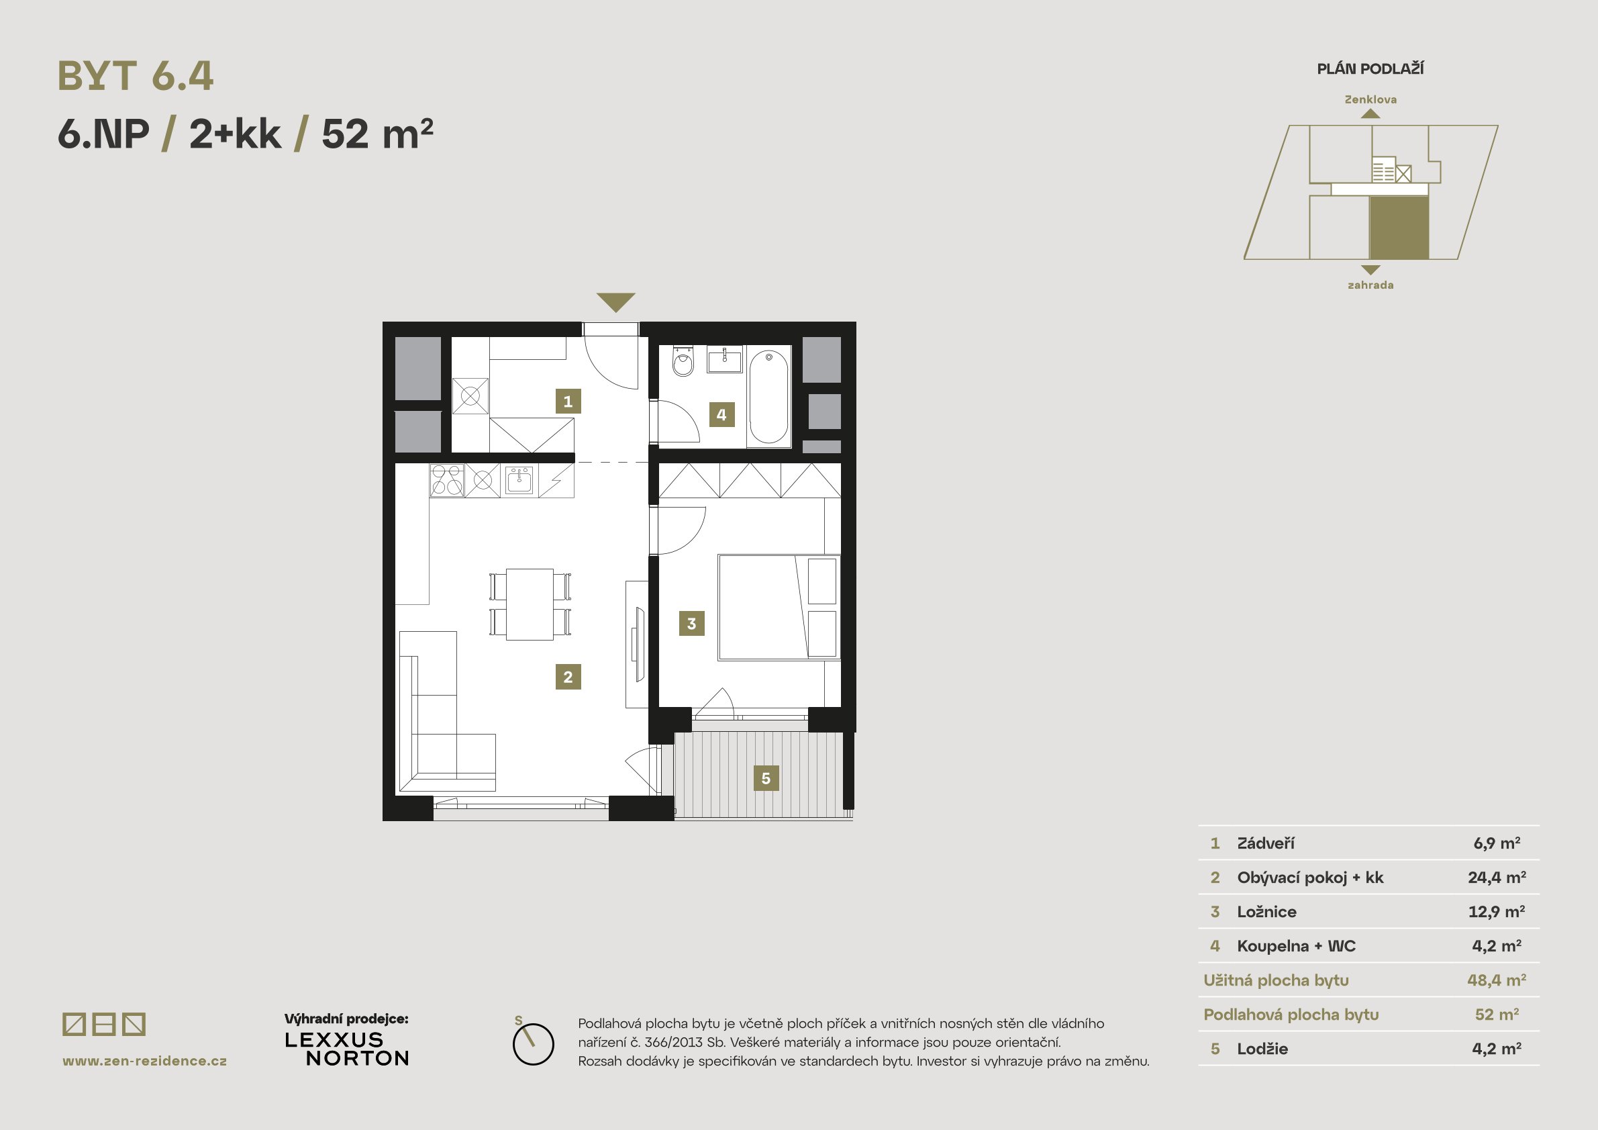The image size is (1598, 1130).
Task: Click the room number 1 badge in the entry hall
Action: (x=568, y=401)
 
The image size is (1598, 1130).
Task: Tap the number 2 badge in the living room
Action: (x=568, y=677)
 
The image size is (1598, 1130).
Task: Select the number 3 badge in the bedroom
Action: (x=692, y=623)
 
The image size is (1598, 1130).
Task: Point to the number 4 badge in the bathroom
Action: (x=721, y=415)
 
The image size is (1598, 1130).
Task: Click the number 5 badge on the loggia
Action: (x=766, y=778)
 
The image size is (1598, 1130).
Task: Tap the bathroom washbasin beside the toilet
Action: (x=726, y=361)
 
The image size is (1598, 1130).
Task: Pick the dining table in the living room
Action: (x=530, y=604)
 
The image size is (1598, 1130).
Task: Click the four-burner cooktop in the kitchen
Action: (x=447, y=481)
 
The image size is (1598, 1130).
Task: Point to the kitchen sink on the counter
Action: (x=519, y=479)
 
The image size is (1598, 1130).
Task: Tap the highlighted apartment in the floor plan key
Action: (x=1399, y=228)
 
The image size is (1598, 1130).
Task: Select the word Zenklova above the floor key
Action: (x=1370, y=99)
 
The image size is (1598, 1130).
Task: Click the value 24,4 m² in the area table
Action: (x=1497, y=878)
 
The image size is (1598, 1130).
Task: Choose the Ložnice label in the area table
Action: (x=1266, y=911)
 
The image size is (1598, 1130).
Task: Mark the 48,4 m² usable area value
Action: (x=1497, y=980)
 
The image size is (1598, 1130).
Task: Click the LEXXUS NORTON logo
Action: (x=347, y=1049)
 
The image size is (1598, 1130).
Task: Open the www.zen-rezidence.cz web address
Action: (x=145, y=1061)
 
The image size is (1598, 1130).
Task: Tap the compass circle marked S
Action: (x=533, y=1043)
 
